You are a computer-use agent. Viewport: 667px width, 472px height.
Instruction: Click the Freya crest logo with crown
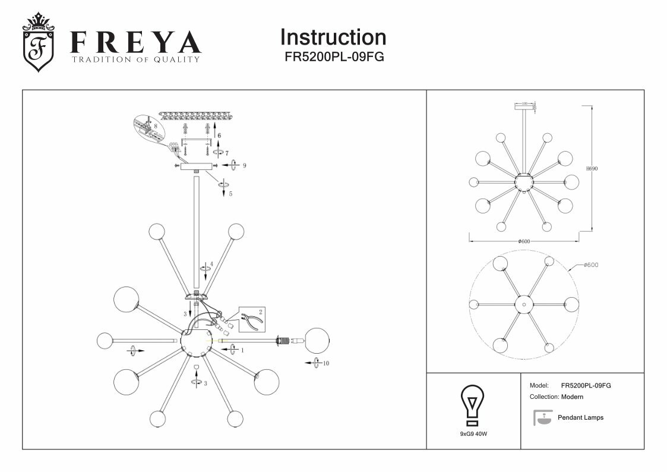(x=38, y=42)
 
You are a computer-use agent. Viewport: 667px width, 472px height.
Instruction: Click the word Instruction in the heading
(x=333, y=37)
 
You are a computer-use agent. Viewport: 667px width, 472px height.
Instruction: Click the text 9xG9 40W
(x=473, y=434)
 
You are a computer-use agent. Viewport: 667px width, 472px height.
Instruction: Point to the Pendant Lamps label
(x=580, y=418)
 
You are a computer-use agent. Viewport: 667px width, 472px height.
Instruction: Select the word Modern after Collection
(x=572, y=397)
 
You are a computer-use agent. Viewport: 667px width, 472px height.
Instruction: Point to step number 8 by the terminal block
(x=155, y=126)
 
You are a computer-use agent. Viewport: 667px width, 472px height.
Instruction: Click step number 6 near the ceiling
(x=219, y=136)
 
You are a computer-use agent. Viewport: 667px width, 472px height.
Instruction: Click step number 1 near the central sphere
(x=242, y=350)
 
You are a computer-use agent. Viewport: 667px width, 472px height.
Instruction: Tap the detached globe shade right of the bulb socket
(x=317, y=340)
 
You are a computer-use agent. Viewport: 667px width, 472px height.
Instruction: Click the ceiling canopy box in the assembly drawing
(x=196, y=167)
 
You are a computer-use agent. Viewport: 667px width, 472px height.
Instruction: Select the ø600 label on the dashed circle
(x=590, y=265)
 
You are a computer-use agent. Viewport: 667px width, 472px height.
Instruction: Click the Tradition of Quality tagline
(x=135, y=59)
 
